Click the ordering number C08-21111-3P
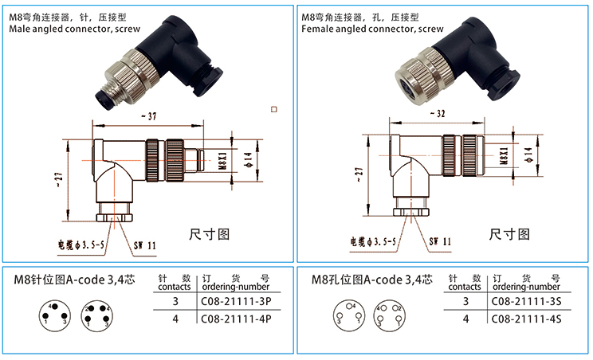(234, 302)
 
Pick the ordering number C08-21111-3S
(526, 302)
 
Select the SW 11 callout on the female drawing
(440, 240)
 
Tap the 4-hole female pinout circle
(390, 315)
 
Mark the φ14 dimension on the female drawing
(531, 151)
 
